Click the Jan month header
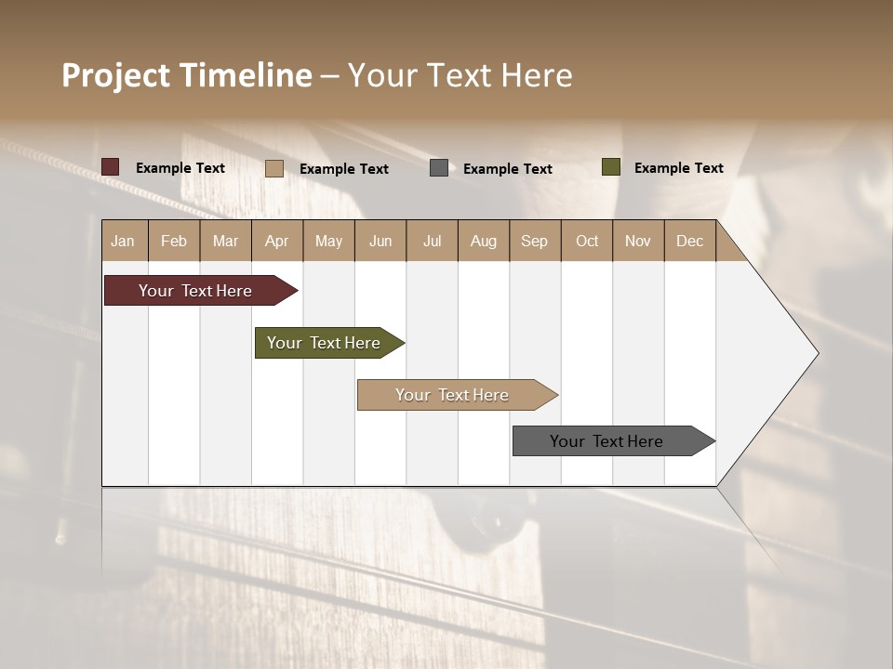[124, 241]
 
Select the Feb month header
[174, 241]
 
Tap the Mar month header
[225, 241]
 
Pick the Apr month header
[277, 241]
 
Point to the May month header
[328, 241]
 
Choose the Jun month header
[380, 241]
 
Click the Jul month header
[432, 241]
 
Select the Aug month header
[484, 241]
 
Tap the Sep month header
[535, 241]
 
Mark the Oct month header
[587, 241]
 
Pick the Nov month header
[638, 241]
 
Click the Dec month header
[689, 241]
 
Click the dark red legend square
[111, 167]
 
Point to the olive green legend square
[610, 167]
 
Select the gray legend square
[439, 167]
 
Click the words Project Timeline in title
[187, 75]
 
